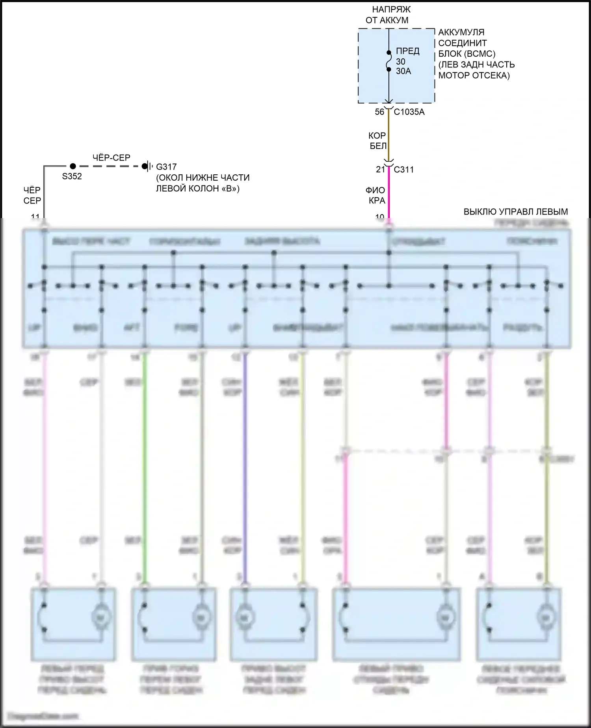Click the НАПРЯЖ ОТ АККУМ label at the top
point(388,15)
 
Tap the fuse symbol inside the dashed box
point(388,61)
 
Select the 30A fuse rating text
point(403,71)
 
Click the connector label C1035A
point(409,112)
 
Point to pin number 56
point(379,112)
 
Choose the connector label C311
point(404,170)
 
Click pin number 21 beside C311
point(380,170)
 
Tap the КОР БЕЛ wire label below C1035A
point(377,141)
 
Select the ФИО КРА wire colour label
point(376,196)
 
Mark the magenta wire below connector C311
point(389,193)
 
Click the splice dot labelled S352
point(72,166)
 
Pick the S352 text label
point(72,176)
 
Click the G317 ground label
point(166,167)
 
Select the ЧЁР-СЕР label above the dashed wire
point(111,158)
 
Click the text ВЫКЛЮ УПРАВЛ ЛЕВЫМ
point(515,212)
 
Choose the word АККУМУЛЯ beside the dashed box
point(461,32)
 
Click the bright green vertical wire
point(145,465)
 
